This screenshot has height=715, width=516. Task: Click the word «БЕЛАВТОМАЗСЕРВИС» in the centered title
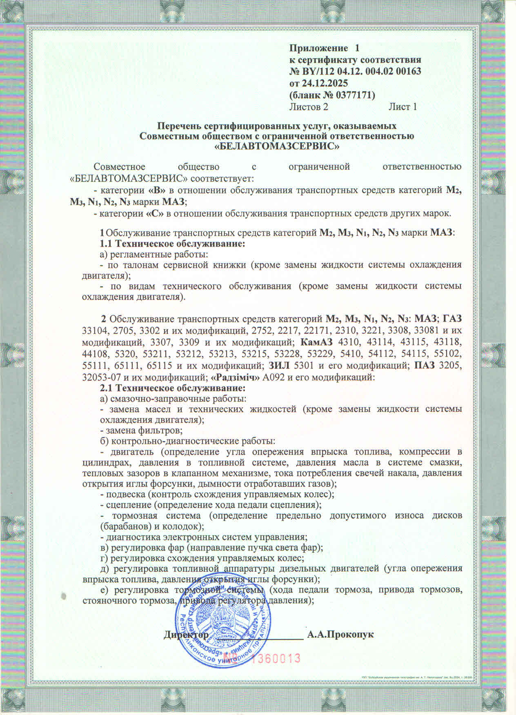[277, 146]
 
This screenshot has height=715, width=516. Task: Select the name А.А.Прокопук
[340, 635]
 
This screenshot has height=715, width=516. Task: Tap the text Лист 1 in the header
[403, 107]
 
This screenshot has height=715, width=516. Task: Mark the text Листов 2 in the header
[309, 107]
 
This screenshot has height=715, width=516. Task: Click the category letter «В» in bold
[158, 190]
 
